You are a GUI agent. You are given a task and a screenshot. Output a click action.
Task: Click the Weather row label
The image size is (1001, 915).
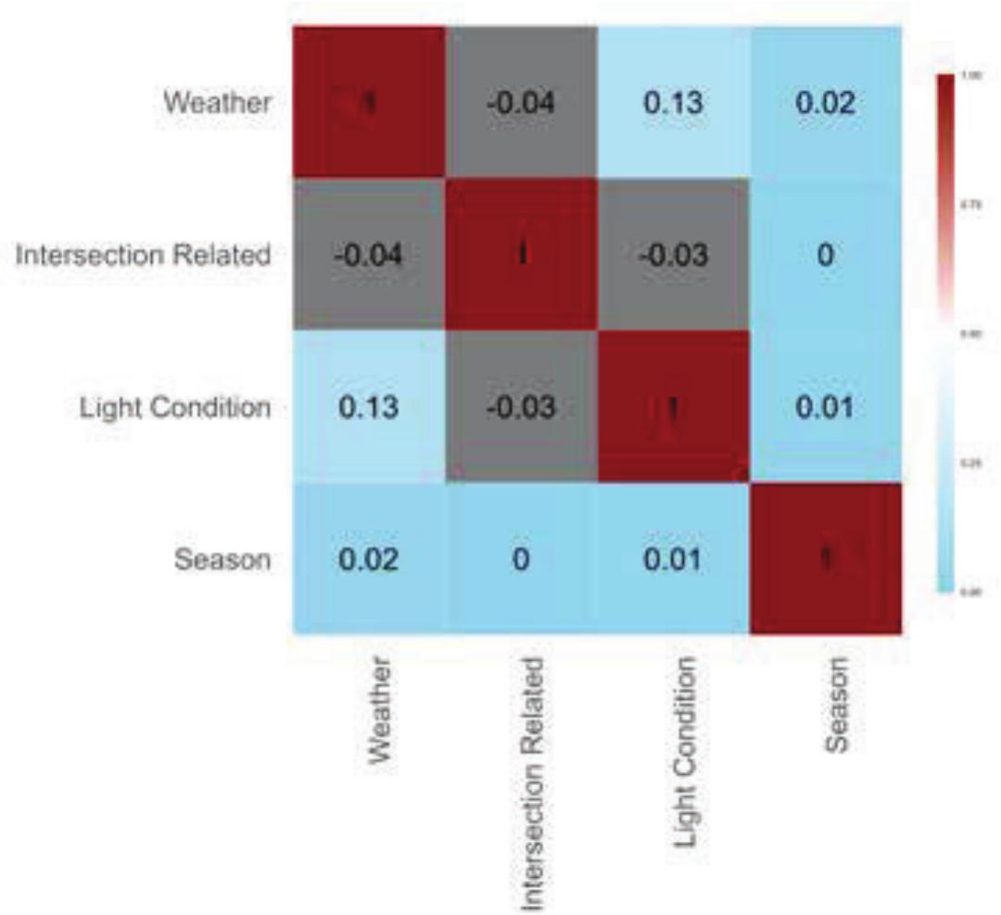pyautogui.click(x=218, y=102)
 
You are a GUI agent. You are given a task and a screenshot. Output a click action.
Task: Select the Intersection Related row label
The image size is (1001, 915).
pyautogui.click(x=144, y=255)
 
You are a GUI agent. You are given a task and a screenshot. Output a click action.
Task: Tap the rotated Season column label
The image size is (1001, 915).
pyautogui.click(x=837, y=703)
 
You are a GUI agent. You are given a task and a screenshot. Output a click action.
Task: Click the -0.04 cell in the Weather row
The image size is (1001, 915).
pyautogui.click(x=521, y=102)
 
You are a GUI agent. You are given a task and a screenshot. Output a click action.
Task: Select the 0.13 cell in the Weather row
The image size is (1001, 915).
pyautogui.click(x=673, y=102)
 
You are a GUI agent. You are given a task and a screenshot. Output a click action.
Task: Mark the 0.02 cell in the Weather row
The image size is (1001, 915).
pyautogui.click(x=825, y=102)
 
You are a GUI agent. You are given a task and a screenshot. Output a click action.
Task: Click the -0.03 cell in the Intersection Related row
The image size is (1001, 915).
pyautogui.click(x=673, y=255)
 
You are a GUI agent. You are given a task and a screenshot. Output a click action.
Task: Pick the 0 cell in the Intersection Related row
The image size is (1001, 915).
pyautogui.click(x=825, y=255)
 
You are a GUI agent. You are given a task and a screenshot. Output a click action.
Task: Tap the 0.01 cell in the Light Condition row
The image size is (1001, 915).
pyautogui.click(x=825, y=408)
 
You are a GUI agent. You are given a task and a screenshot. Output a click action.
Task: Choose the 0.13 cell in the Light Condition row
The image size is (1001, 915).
pyautogui.click(x=369, y=408)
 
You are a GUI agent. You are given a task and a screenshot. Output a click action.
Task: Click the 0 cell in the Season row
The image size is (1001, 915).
pyautogui.click(x=521, y=560)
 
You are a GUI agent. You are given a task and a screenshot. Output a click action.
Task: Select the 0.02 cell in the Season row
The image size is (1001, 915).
pyautogui.click(x=369, y=560)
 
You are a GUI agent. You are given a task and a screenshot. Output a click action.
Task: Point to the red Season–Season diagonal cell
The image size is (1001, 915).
pyautogui.click(x=825, y=560)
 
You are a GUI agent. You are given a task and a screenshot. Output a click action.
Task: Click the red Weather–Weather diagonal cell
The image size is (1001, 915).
pyautogui.click(x=369, y=102)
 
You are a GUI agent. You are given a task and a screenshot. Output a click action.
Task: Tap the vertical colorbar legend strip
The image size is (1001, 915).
pyautogui.click(x=947, y=334)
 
